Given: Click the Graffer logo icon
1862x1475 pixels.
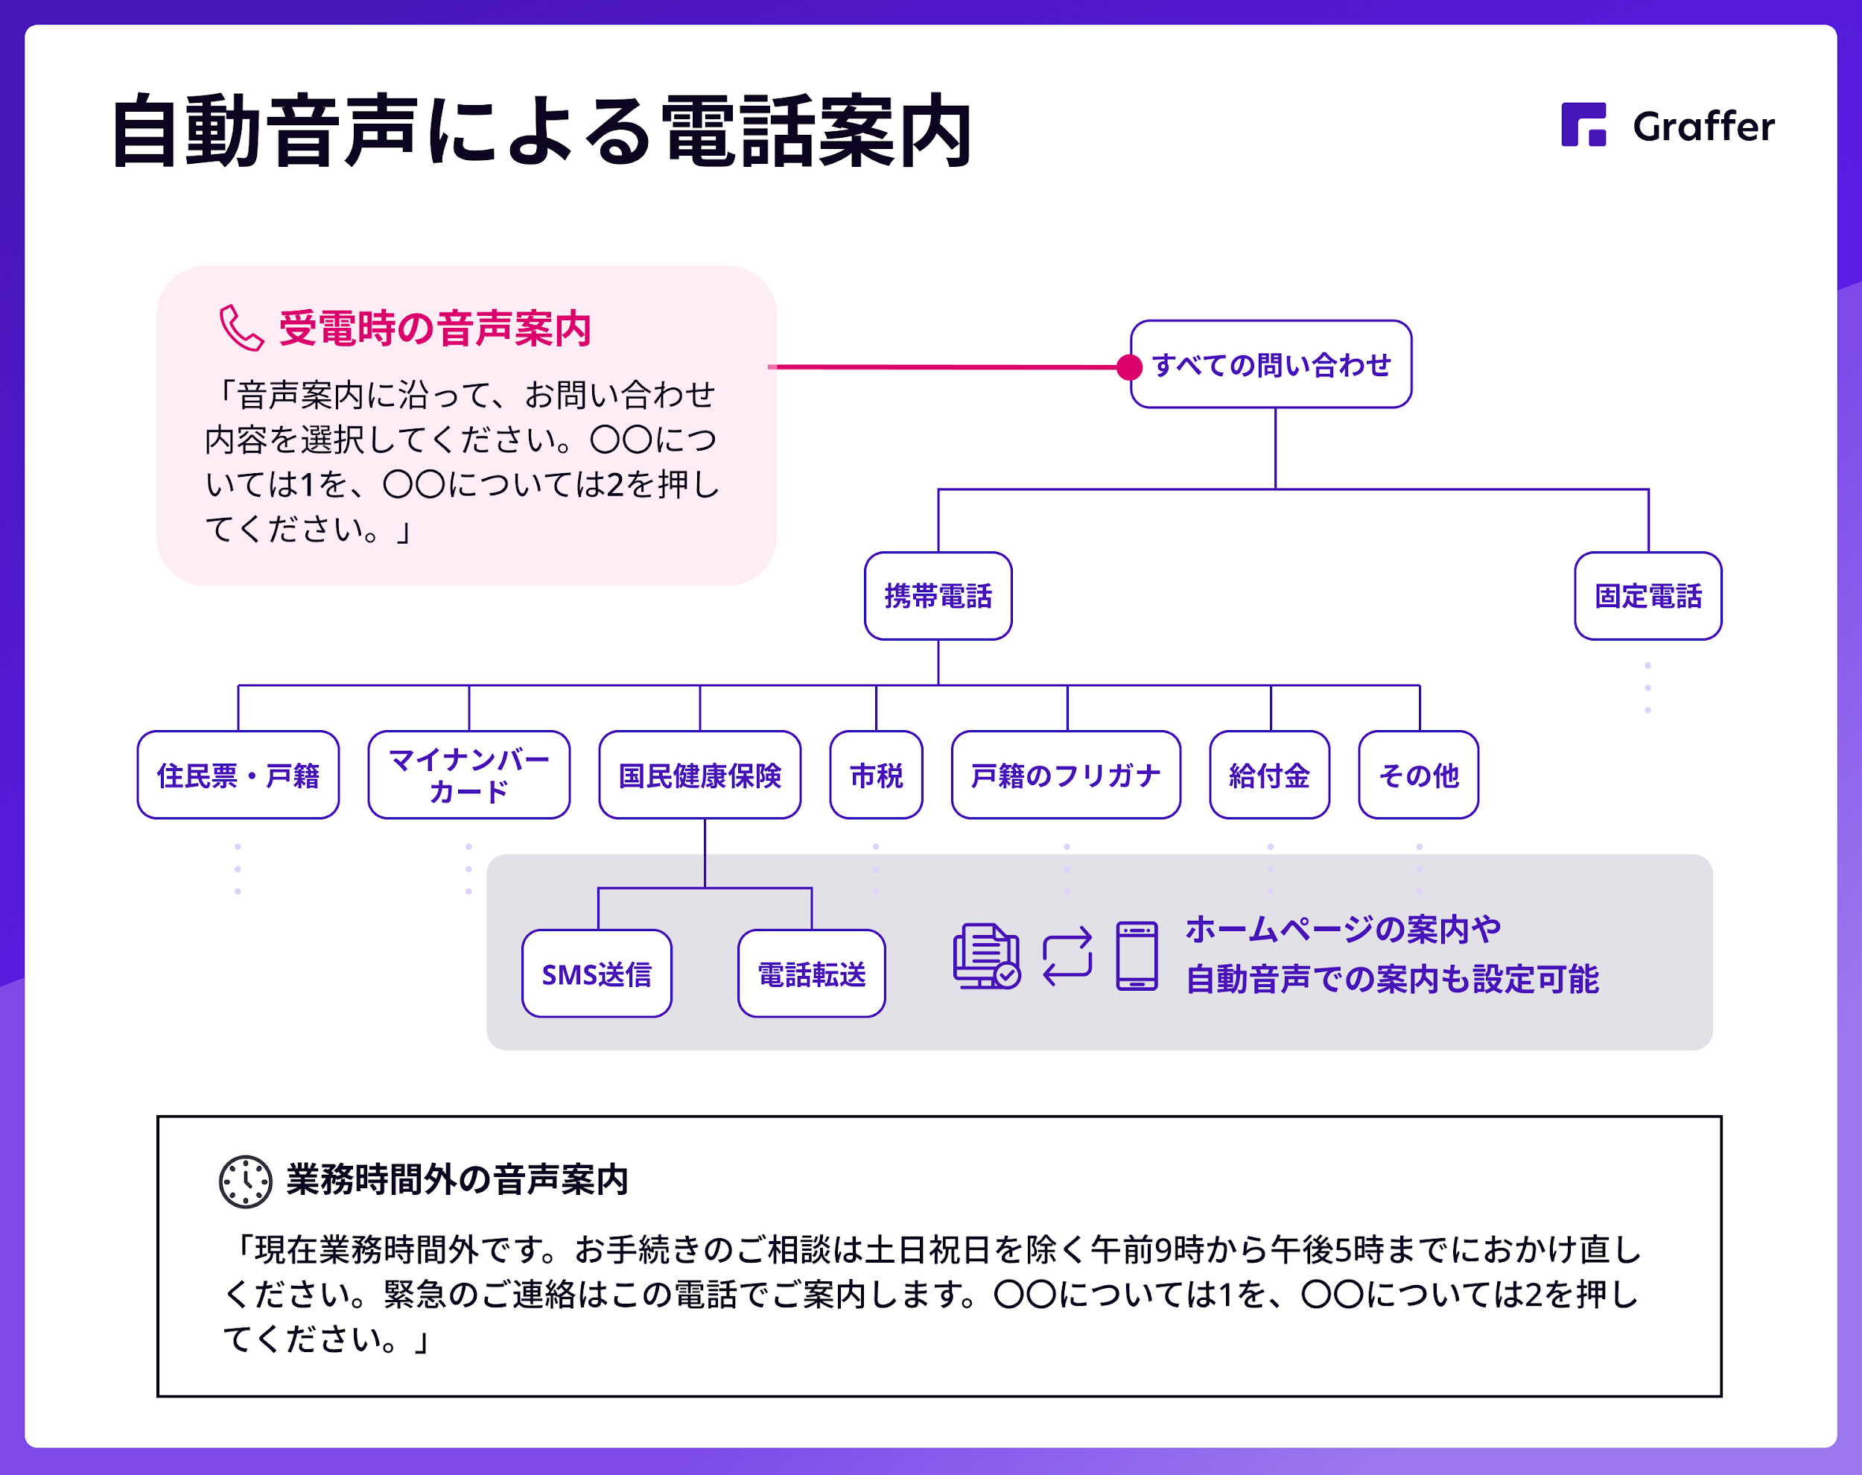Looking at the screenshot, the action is pos(1583,124).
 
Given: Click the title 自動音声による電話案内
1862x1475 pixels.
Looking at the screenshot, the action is pos(542,131).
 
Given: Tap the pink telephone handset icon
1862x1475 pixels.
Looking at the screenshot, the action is pos(241,329).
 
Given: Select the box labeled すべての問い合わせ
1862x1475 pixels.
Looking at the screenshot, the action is pos(1271,364).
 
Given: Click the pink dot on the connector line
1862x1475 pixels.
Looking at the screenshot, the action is pos(1129,367).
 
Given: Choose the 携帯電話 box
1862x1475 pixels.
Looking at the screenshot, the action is pos(938,596).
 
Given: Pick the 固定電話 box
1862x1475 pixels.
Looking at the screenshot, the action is pos(1648,596).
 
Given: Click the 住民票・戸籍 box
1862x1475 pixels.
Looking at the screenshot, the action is pos(238,775).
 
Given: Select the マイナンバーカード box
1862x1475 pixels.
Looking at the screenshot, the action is pos(468,775).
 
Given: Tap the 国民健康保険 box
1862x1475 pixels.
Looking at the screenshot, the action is pos(700,775).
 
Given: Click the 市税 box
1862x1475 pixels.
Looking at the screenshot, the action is pos(876,775).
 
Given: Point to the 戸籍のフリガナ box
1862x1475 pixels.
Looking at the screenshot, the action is pos(1066,775).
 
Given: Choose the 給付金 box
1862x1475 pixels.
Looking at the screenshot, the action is pos(1270,775).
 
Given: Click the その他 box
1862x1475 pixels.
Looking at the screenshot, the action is pos(1419,775).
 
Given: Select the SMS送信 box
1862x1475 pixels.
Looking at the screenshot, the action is pos(597,973).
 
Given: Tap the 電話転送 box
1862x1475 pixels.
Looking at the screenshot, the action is pos(811,973).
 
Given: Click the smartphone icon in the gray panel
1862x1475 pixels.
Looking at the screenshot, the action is pos(1137,956).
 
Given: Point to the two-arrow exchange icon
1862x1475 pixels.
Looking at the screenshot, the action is pos(1067,957).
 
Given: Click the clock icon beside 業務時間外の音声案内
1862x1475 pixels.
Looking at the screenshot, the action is pos(245,1181).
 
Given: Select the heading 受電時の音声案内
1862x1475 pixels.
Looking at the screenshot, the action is pos(435,329).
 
